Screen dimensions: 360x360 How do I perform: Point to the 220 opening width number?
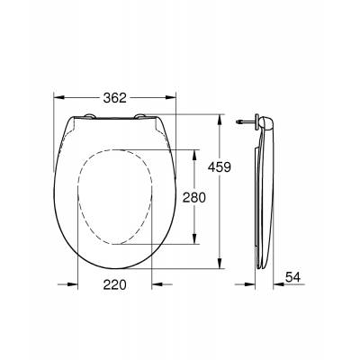click(113, 285)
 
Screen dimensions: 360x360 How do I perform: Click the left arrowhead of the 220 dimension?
click(79, 284)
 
